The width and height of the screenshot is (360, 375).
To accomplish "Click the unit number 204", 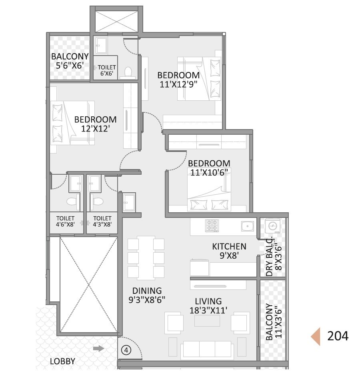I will pyautogui.click(x=338, y=336).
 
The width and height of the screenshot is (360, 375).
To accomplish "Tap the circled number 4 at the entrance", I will pyautogui.click(x=126, y=350).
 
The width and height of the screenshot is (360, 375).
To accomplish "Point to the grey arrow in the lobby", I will pyautogui.click(x=98, y=349).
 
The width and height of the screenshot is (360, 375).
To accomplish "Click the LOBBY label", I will pyautogui.click(x=62, y=361).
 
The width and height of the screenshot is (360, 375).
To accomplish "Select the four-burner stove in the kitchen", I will pyautogui.click(x=211, y=225).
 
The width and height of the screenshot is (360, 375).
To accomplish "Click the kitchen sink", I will pyautogui.click(x=248, y=226).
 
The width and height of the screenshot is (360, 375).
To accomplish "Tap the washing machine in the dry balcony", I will pyautogui.click(x=273, y=226).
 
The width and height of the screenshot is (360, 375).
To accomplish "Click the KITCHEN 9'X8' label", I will pyautogui.click(x=229, y=251).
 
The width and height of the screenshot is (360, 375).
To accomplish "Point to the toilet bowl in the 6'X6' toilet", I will pyautogui.click(x=128, y=72).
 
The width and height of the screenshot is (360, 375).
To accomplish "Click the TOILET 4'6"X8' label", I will pyautogui.click(x=65, y=221).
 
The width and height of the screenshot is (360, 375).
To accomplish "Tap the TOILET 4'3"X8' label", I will pyautogui.click(x=102, y=221).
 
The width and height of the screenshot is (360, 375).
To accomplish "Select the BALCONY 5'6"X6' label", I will pyautogui.click(x=70, y=61).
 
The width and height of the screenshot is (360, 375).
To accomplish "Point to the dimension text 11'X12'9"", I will pyautogui.click(x=178, y=84).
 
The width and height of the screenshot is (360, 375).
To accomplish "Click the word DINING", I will pyautogui.click(x=147, y=291).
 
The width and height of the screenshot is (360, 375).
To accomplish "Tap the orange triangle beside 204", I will pyautogui.click(x=316, y=336).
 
